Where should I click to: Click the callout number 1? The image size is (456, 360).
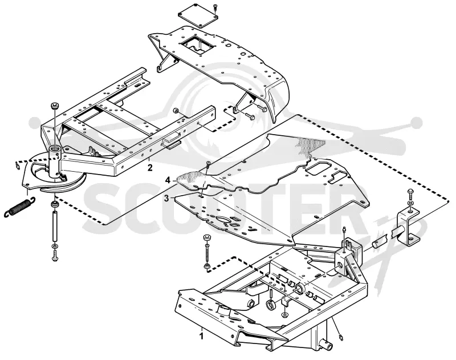(201, 337)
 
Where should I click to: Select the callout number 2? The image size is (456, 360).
(150, 168)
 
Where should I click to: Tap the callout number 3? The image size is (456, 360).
(166, 199)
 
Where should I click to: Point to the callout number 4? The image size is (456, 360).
(168, 180)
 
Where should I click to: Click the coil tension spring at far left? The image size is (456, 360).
(19, 207)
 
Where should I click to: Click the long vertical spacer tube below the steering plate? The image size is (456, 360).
(54, 226)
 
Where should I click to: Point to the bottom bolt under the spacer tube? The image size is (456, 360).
(55, 256)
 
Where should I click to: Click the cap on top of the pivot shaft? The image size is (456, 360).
(55, 105)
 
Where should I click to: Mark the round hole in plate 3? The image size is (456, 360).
(223, 220)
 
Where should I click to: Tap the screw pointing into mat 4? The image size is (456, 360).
(207, 167)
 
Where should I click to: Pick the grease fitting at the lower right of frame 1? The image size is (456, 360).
(342, 338)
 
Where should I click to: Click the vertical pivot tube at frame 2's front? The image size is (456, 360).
(54, 161)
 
